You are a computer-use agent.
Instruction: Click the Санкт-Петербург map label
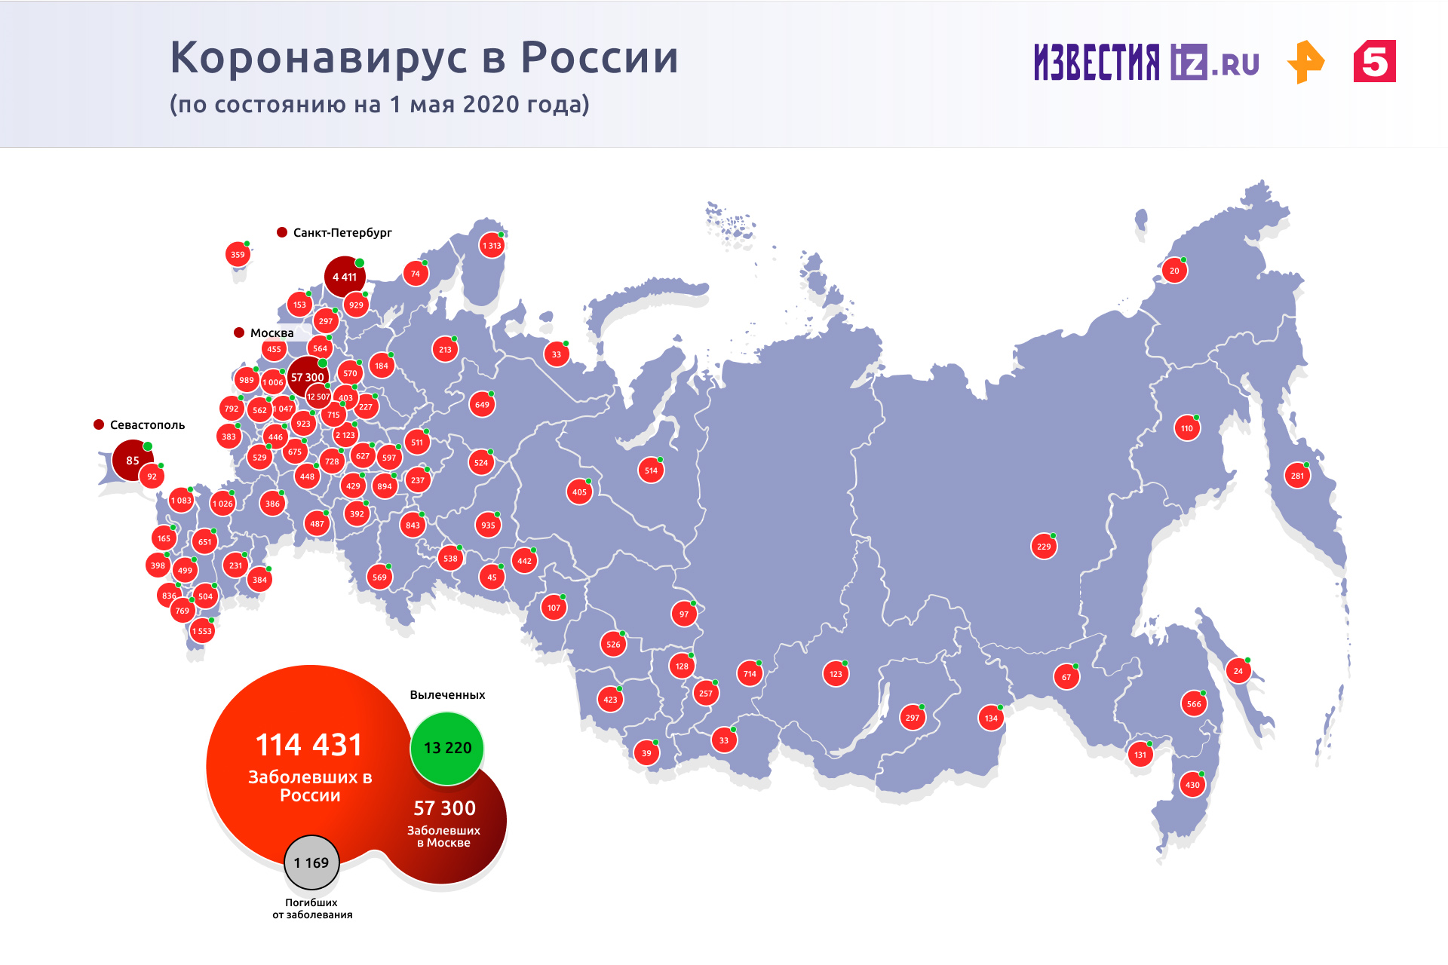tap(342, 232)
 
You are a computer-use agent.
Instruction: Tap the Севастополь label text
tap(147, 425)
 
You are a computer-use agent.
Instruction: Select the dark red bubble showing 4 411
tap(344, 277)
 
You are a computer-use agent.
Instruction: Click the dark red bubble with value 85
tap(133, 460)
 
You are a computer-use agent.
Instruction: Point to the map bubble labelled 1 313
tap(492, 245)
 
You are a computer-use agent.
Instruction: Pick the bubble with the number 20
tap(1174, 271)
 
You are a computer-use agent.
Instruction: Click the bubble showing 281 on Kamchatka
tap(1297, 476)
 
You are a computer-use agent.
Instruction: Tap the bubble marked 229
tap(1044, 547)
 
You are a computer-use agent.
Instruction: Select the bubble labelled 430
tap(1192, 785)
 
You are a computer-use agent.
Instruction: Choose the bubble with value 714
tap(750, 674)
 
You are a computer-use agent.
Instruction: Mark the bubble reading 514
tap(651, 470)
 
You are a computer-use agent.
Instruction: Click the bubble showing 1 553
tap(201, 631)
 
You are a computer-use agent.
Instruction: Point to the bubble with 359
tap(238, 255)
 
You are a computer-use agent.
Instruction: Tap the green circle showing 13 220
tap(447, 748)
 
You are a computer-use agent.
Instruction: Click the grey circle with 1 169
tap(311, 862)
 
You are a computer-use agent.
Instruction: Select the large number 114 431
tap(309, 745)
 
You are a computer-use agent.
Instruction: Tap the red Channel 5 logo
tap(1374, 62)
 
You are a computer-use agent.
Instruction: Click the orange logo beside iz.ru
tap(1305, 62)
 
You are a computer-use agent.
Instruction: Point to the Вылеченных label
tap(447, 695)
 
